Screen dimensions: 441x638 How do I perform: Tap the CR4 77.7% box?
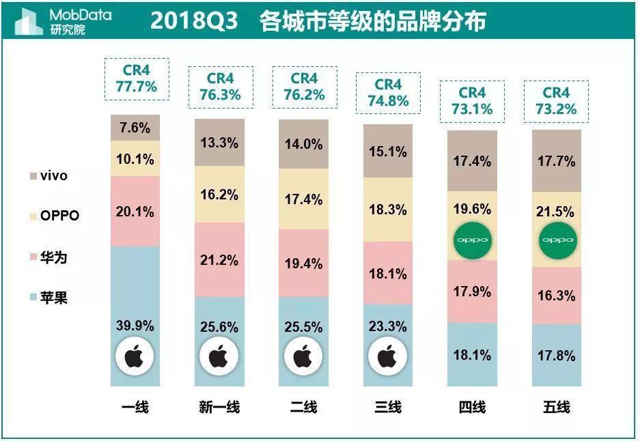coord(135,79)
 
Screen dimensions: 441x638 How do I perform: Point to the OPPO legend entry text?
coord(59,216)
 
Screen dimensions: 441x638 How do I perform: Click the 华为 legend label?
coord(54,257)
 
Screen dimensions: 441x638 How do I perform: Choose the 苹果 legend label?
coord(54,298)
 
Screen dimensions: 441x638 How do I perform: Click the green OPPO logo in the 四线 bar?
coord(472,240)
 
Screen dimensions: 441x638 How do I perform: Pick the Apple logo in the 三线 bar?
coord(387,356)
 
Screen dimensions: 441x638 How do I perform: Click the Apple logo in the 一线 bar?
coord(135,356)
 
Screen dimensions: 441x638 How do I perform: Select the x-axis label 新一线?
coord(219,408)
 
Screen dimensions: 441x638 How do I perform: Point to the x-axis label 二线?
coord(303,408)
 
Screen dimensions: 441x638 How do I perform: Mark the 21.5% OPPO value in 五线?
coord(557,212)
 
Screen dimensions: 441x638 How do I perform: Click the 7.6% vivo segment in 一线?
coord(135,128)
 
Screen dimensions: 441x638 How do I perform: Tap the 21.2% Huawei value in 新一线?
coord(219,260)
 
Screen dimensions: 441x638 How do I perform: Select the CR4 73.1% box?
coord(472,101)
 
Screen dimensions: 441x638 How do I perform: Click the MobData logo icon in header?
coord(27,21)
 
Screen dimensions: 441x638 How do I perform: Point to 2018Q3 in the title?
coord(193,21)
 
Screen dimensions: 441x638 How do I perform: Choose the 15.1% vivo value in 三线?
coord(387,152)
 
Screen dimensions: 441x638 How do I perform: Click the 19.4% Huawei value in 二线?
coord(303,264)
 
